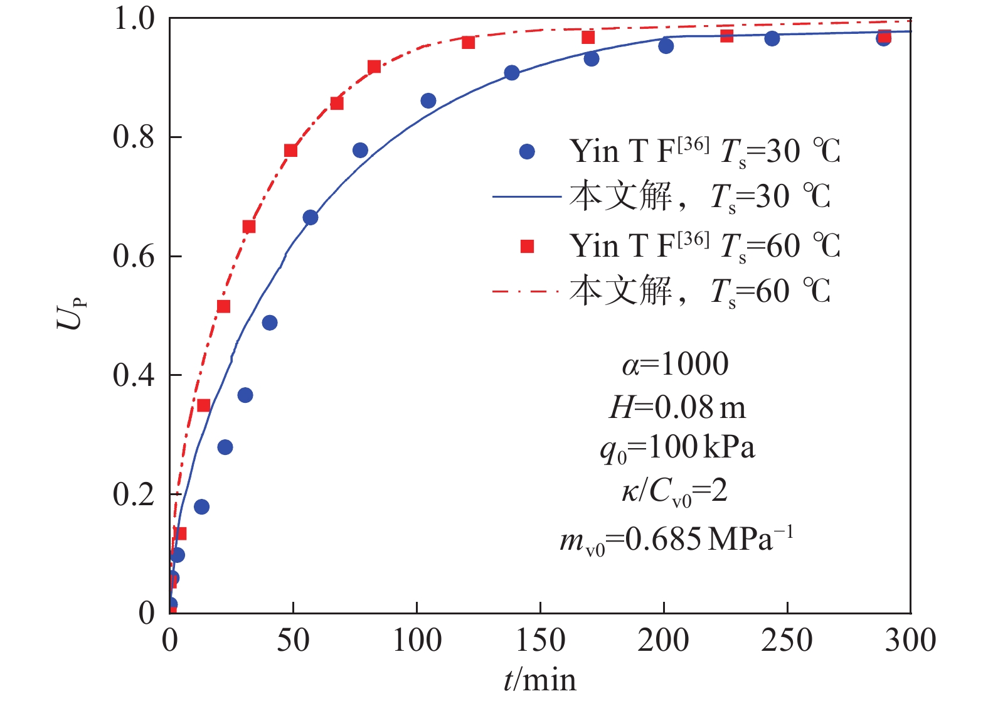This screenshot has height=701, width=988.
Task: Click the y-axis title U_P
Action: click(71, 313)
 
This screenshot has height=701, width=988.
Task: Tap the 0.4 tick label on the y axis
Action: click(133, 375)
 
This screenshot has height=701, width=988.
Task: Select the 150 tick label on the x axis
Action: click(540, 641)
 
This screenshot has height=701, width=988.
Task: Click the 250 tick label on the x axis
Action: click(787, 641)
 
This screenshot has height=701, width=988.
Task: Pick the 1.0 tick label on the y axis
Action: click(133, 19)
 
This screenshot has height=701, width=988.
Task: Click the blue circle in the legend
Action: click(527, 151)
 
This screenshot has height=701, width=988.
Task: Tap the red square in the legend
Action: click(527, 247)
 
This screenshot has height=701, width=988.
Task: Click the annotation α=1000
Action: click(676, 364)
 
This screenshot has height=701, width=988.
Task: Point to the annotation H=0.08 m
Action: click(677, 408)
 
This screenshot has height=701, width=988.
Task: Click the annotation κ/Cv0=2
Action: click(675, 491)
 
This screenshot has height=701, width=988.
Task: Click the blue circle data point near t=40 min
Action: click(270, 323)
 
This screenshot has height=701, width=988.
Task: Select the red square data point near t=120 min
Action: click(468, 43)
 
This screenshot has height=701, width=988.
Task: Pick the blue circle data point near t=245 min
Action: click(772, 39)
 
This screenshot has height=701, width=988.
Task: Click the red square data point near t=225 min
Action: click(726, 36)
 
